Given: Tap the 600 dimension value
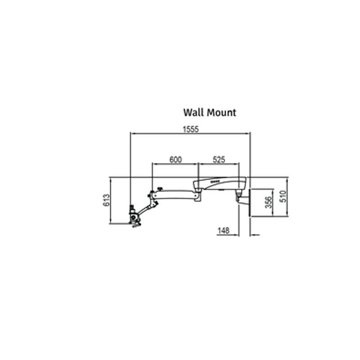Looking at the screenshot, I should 175,159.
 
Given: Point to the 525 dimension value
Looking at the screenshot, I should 219,159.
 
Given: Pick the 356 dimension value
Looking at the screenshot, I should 268,202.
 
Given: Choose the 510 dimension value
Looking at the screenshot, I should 283,197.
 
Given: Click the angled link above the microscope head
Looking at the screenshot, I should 146,208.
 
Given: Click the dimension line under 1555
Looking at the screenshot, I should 190,134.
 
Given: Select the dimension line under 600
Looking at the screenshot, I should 175,164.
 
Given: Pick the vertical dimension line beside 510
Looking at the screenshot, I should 288,197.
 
